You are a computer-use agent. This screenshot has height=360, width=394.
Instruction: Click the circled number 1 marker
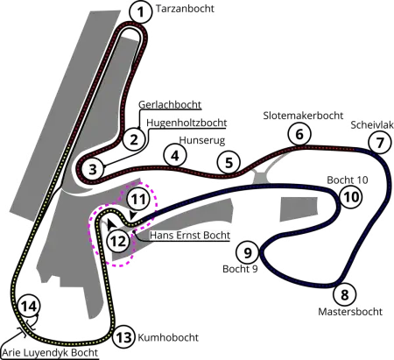pos(141,12)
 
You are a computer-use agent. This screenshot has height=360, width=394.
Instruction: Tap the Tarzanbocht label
pos(185,9)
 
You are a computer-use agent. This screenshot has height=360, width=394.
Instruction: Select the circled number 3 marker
pos(93,169)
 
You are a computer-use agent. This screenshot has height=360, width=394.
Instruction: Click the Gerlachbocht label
pos(170,104)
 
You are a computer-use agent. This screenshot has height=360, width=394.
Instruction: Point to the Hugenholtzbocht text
pos(186,123)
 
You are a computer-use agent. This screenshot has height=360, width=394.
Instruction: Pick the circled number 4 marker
pos(175,156)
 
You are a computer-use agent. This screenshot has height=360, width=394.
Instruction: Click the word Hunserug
pos(202,140)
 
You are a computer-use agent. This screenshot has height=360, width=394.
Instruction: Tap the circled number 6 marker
pos(299,134)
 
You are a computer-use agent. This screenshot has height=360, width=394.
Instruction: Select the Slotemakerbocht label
pos(303,116)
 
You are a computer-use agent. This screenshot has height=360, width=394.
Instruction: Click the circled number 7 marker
pos(380,143)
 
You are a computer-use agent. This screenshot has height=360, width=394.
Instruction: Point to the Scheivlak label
pos(372,125)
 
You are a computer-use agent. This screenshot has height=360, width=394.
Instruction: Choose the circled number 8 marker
pos(345,294)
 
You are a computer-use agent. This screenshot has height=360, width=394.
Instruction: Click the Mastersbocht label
pos(350,312)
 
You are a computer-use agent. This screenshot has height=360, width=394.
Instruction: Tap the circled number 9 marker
pos(248,252)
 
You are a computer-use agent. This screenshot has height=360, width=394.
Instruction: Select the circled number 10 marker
pos(351,197)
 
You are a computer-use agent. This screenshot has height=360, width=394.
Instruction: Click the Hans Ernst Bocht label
pos(190,236)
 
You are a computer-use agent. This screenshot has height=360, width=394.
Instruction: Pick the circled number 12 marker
pos(120,241)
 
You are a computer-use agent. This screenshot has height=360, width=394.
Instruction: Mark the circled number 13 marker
pos(124,337)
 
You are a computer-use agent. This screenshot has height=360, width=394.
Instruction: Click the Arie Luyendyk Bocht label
pos(50,353)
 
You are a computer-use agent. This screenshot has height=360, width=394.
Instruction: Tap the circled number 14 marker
pos(30,307)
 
